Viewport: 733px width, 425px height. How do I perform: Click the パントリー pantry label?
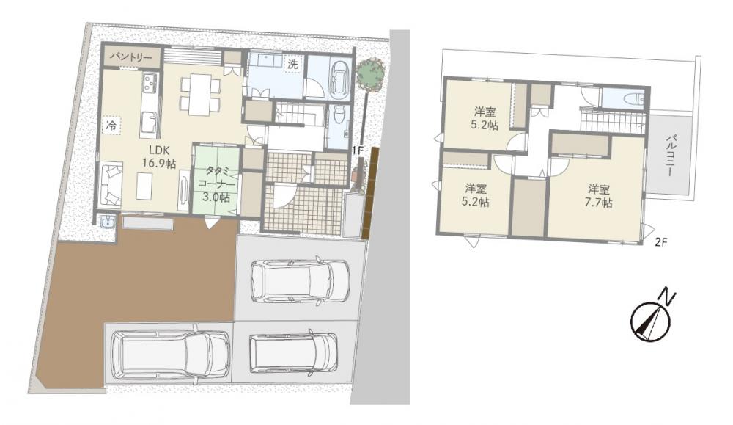pyautogui.click(x=131, y=57)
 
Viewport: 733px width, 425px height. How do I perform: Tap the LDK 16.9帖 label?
pyautogui.click(x=159, y=156)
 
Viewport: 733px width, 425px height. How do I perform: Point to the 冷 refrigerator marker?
pyautogui.click(x=112, y=125)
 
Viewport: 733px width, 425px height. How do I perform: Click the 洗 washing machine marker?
pyautogui.click(x=293, y=65)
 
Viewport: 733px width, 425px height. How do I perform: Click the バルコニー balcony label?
pyautogui.click(x=671, y=156)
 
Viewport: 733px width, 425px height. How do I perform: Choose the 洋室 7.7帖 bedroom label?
pyautogui.click(x=600, y=196)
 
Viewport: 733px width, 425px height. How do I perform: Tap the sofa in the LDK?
pyautogui.click(x=111, y=183)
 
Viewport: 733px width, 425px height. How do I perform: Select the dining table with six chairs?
pyautogui.click(x=200, y=95)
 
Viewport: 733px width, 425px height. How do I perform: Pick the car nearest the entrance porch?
pyautogui.click(x=300, y=280)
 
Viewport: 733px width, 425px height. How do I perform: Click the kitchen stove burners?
pyautogui.click(x=151, y=84)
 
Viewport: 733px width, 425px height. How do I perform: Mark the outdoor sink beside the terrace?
pyautogui.click(x=108, y=222)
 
